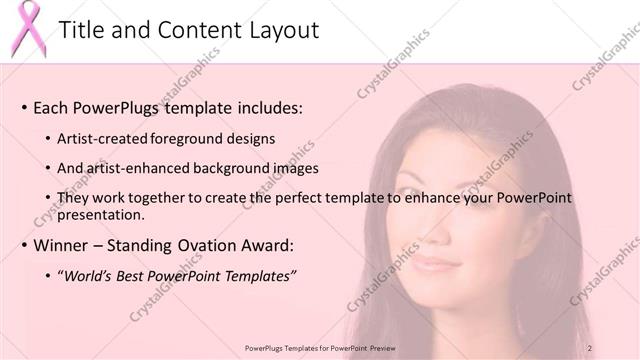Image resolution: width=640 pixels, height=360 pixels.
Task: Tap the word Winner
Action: click(x=63, y=245)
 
